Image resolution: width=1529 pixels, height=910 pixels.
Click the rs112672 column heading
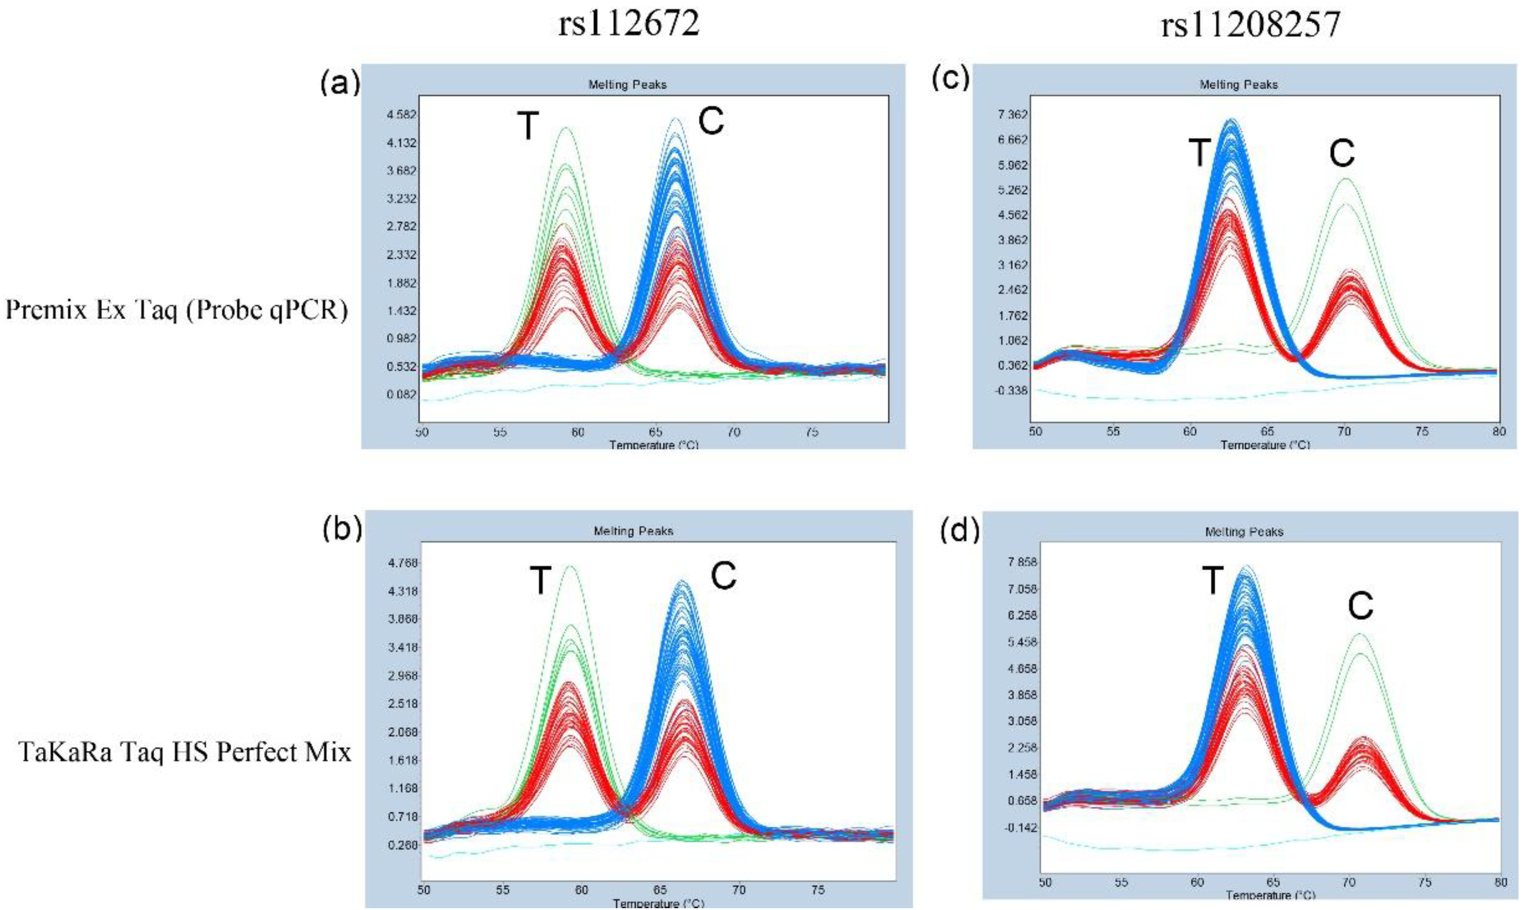click(629, 25)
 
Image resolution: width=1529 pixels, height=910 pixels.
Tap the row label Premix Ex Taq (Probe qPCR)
click(177, 311)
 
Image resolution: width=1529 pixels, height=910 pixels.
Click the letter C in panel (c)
click(1341, 153)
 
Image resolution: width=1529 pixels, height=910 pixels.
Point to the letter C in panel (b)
click(723, 576)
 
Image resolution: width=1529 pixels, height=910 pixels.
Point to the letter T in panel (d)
click(1213, 580)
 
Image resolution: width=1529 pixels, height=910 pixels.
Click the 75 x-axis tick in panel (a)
click(811, 432)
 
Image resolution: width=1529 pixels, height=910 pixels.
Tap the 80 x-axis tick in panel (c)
click(1499, 432)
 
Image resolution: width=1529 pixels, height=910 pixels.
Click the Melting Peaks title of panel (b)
click(633, 531)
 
